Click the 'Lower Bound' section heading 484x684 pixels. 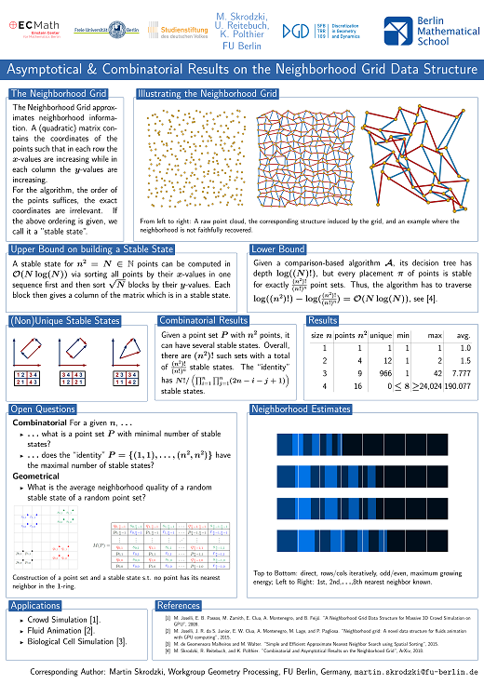pos(278,249)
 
